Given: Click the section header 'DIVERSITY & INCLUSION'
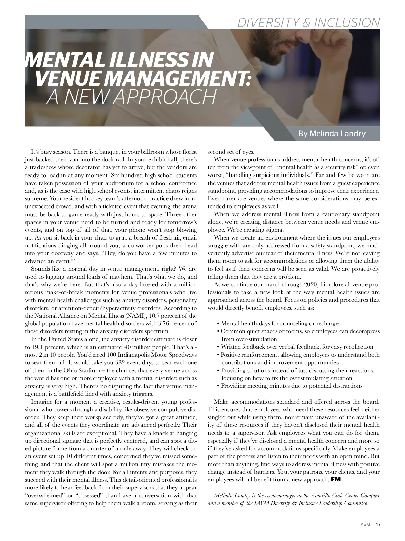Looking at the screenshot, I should click(308, 22).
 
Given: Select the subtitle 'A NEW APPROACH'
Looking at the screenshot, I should click(131, 97).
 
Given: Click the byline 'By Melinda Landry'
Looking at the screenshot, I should click(332, 134).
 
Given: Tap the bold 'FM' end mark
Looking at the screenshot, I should click(336, 479).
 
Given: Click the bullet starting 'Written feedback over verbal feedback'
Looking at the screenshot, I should click(297, 347).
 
